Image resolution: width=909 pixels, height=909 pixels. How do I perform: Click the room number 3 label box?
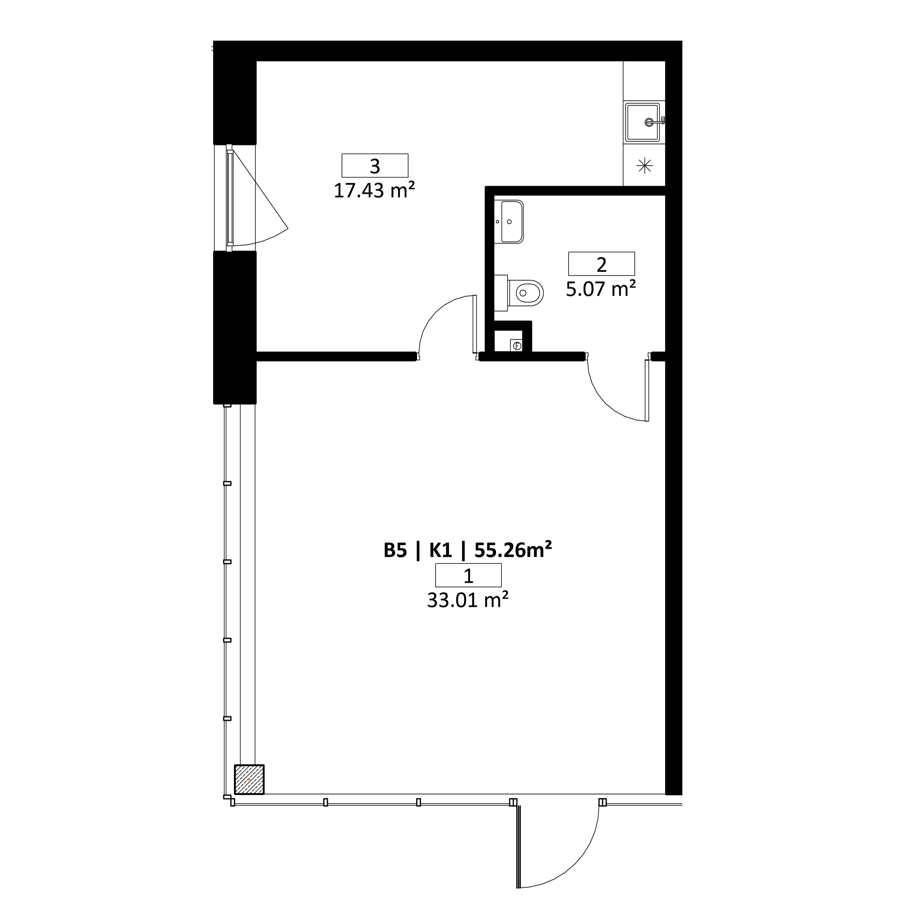pyautogui.click(x=375, y=166)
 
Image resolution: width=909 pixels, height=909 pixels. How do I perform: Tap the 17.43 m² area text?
pyautogui.click(x=375, y=191)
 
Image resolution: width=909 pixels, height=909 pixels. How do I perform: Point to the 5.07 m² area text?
pyautogui.click(x=601, y=289)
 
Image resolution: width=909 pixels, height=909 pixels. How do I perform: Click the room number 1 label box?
pyautogui.click(x=469, y=575)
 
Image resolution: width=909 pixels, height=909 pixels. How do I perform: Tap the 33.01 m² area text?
pyautogui.click(x=468, y=600)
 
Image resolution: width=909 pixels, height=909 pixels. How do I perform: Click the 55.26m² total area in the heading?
pyautogui.click(x=513, y=550)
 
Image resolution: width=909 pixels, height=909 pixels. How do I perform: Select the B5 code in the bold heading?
pyautogui.click(x=395, y=550)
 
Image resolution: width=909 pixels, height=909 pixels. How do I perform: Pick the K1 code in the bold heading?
pyautogui.click(x=440, y=550)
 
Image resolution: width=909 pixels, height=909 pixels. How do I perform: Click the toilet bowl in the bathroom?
pyautogui.click(x=526, y=293)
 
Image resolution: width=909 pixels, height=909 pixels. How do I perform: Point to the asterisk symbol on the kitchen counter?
pyautogui.click(x=645, y=166)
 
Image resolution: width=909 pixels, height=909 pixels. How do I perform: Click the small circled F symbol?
pyautogui.click(x=517, y=346)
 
